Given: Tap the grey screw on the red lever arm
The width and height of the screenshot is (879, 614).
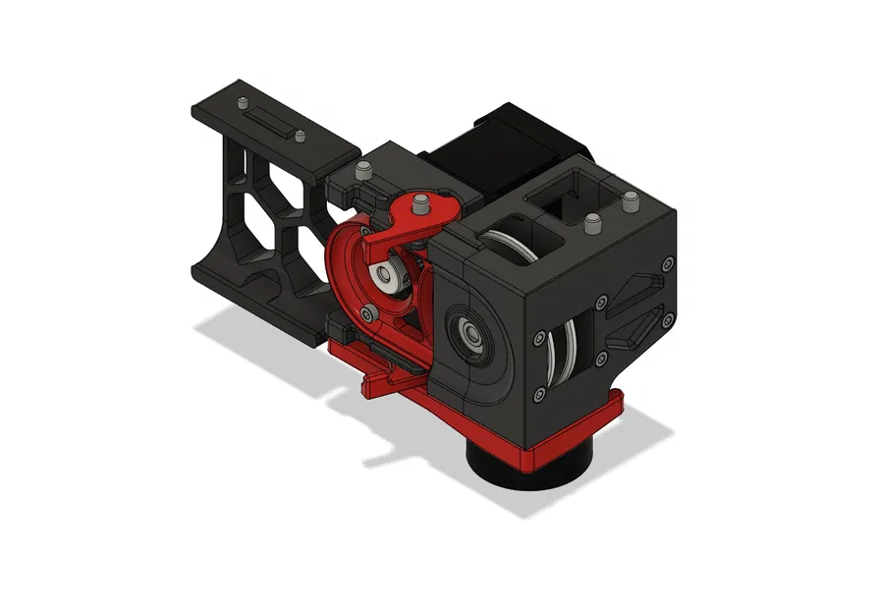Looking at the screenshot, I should point(421,203).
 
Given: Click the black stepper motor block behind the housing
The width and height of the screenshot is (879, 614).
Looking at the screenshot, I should point(491,147).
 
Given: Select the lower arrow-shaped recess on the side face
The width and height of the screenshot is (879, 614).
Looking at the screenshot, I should point(630,326).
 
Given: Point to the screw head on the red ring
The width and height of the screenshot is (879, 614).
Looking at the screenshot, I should point(367,313).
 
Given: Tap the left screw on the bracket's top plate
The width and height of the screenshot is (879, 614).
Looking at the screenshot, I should point(242,102).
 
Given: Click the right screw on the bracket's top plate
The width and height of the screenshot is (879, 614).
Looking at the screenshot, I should point(300,136).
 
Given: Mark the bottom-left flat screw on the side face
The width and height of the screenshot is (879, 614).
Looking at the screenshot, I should point(539,395).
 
